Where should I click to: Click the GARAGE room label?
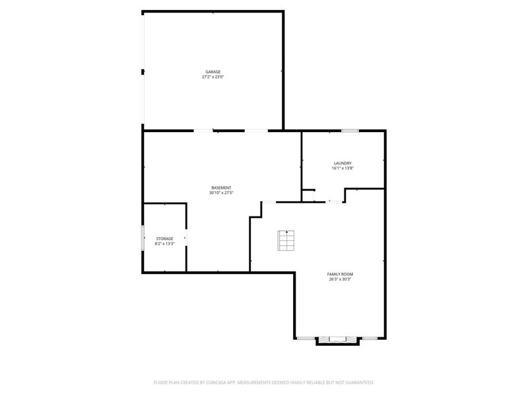click(213, 71)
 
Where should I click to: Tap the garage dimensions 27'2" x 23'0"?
click(213, 77)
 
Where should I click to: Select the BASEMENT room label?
click(221, 187)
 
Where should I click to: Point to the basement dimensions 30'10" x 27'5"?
click(221, 193)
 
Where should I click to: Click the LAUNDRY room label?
click(343, 163)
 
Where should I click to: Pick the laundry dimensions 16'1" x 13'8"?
click(343, 168)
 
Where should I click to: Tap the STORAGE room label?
click(164, 238)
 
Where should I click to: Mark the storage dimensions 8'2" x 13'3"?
click(164, 244)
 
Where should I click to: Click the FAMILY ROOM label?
click(340, 274)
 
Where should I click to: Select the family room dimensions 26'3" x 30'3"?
click(340, 279)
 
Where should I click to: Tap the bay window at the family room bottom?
click(337, 341)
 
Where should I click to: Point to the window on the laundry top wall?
click(350, 131)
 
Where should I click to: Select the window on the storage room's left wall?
click(143, 238)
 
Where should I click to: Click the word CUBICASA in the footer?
click(210, 382)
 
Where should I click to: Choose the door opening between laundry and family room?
click(335, 201)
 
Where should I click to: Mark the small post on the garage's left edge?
click(143, 71)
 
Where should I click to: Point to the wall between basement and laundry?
click(302, 162)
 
